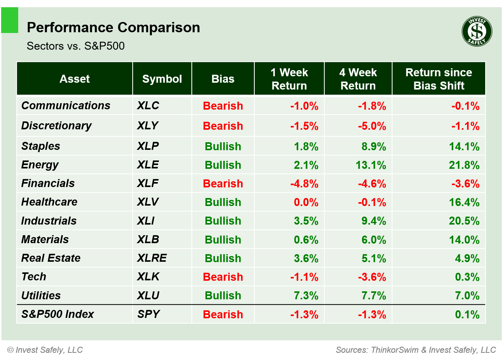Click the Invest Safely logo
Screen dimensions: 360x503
[477, 31]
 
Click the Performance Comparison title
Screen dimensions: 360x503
[113, 28]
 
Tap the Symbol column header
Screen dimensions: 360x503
[162, 79]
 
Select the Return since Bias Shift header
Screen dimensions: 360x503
[439, 79]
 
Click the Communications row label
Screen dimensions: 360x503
[66, 105]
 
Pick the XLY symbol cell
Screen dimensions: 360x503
[148, 126]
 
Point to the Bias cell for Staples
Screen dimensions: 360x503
[223, 146]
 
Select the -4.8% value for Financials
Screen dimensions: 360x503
[304, 184]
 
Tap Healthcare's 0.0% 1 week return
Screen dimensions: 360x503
[306, 202]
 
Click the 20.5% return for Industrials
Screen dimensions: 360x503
[464, 221]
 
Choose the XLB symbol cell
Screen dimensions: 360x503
[148, 239]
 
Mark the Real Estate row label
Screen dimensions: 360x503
[51, 258]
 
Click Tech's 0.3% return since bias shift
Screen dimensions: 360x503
[467, 277]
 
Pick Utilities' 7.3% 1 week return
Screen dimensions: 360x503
[306, 296]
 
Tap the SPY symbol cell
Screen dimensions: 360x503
[149, 314]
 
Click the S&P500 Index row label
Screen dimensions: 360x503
[58, 314]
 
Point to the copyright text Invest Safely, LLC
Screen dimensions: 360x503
[45, 350]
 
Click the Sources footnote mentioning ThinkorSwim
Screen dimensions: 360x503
[416, 350]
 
